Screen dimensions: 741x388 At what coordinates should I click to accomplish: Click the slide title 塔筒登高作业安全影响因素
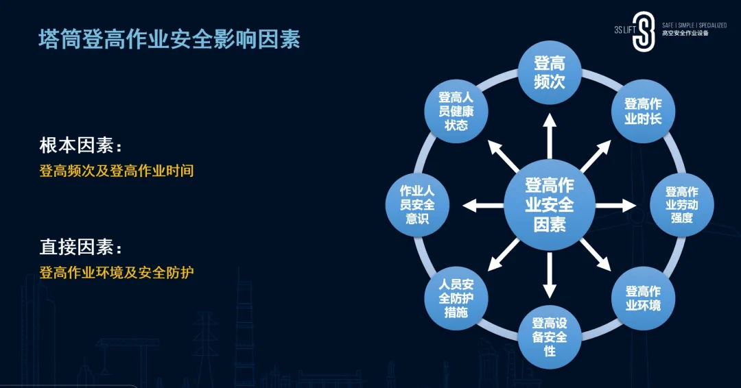click(x=169, y=39)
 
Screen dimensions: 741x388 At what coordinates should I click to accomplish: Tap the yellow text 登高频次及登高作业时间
click(x=116, y=171)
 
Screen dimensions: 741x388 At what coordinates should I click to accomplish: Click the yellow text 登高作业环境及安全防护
click(x=116, y=272)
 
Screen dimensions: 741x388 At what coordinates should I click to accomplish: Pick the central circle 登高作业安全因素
click(x=549, y=205)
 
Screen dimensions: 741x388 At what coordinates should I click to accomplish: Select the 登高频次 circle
click(x=549, y=72)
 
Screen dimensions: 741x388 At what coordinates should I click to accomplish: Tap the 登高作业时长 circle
click(x=643, y=112)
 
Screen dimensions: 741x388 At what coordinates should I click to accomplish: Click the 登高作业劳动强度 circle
click(x=682, y=205)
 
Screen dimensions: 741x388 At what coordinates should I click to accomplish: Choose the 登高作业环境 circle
click(x=643, y=298)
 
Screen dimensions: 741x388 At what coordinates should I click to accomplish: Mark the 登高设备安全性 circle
click(x=549, y=337)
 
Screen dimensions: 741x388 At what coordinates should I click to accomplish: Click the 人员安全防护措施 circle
click(x=456, y=298)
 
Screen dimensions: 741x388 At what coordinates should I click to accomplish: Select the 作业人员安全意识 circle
click(x=417, y=205)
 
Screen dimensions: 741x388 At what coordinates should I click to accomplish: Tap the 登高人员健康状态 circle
click(x=456, y=112)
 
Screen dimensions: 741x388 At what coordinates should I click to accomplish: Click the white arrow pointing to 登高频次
click(x=549, y=136)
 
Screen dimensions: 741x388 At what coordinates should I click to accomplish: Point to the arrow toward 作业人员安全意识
click(x=483, y=206)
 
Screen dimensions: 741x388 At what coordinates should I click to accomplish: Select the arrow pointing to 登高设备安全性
click(x=549, y=275)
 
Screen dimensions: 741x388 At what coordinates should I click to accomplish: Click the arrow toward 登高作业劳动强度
click(x=615, y=206)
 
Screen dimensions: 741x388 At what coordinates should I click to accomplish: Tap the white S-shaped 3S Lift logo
click(x=644, y=32)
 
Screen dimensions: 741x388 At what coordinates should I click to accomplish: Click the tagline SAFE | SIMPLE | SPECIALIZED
click(x=694, y=25)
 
